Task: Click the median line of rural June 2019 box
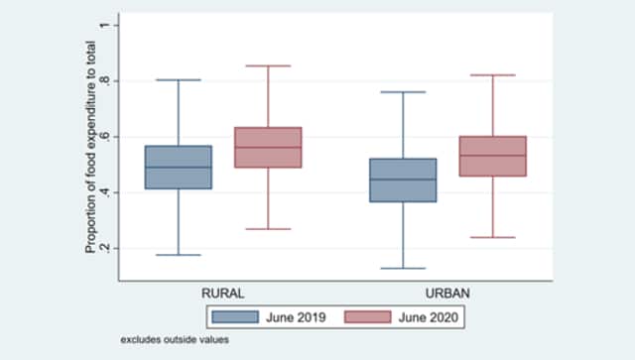[179, 167]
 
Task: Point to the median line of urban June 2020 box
[492, 155]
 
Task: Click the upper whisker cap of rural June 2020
[268, 65]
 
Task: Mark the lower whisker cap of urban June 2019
[403, 268]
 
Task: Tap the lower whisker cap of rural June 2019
[179, 255]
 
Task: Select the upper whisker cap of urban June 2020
[492, 74]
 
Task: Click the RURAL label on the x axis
[222, 294]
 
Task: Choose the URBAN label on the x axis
[447, 294]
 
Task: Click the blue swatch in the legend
[235, 317]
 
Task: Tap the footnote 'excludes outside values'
[176, 340]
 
